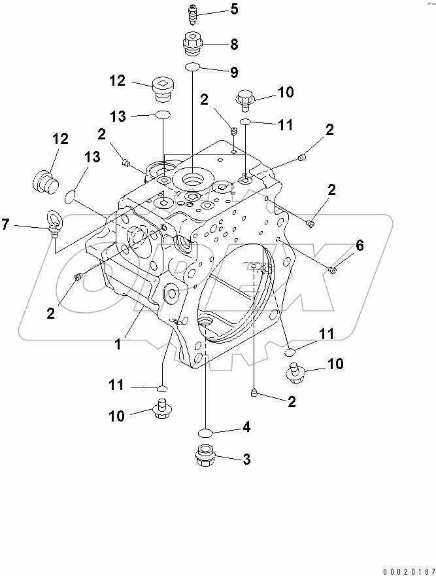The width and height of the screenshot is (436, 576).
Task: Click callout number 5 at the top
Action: pos(216,10)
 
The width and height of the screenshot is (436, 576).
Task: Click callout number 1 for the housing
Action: pos(118,344)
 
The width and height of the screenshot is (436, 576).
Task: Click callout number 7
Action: pos(5,225)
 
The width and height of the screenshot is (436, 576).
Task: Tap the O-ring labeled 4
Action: pos(206,432)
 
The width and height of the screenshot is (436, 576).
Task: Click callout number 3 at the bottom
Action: pos(246,460)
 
